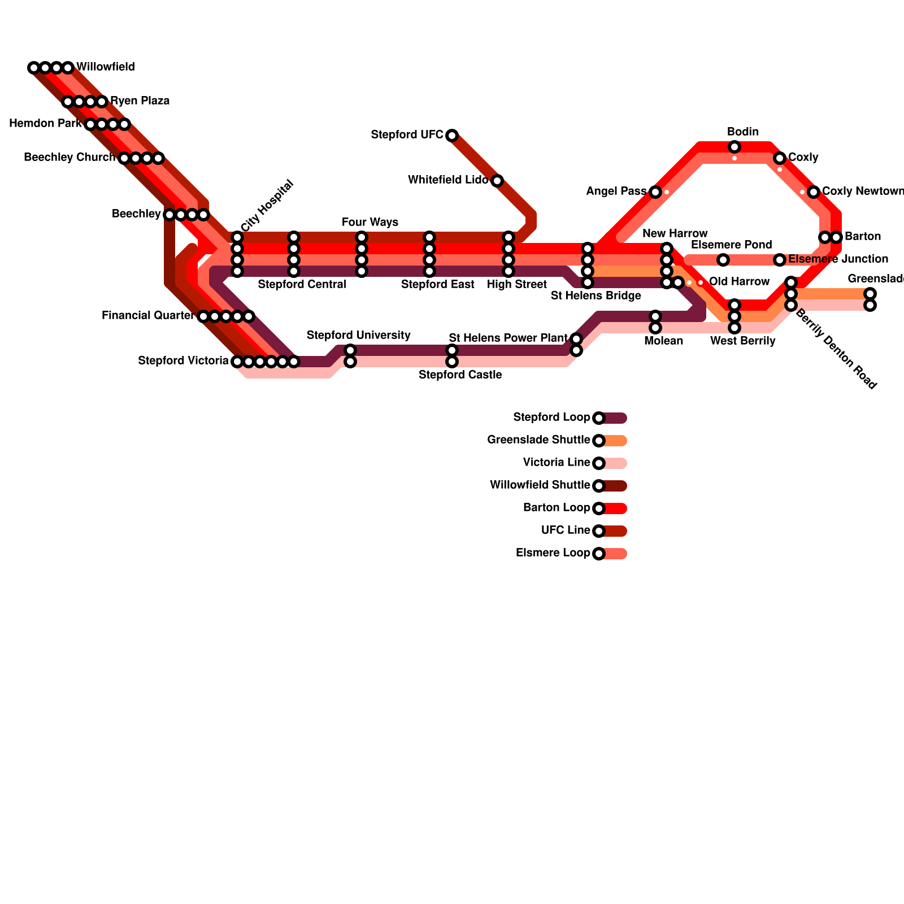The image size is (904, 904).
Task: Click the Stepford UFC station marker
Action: click(x=452, y=136)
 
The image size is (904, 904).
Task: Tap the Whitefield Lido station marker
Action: click(x=497, y=181)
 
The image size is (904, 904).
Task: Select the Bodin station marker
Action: click(x=734, y=147)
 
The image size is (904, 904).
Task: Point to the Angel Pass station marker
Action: click(x=655, y=192)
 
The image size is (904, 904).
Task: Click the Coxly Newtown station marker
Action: click(x=814, y=192)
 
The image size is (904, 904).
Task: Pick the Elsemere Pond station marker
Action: click(x=723, y=260)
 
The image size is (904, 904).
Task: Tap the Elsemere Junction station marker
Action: click(x=780, y=260)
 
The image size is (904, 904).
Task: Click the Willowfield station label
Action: click(x=106, y=67)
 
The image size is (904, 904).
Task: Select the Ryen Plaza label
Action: click(x=140, y=101)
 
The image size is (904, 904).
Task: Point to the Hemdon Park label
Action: click(x=45, y=124)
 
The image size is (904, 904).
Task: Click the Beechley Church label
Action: click(x=69, y=158)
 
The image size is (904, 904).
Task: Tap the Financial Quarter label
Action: click(x=148, y=316)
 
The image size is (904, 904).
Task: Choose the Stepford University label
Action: click(x=358, y=336)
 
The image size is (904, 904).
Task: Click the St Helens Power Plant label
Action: click(x=508, y=338)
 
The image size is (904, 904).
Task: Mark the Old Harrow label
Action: click(x=739, y=282)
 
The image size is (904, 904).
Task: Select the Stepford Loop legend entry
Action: click(x=551, y=418)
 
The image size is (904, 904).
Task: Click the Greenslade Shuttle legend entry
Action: click(x=538, y=440)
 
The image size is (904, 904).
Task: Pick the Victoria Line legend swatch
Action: click(x=615, y=463)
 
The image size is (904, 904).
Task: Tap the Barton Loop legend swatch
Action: click(x=615, y=508)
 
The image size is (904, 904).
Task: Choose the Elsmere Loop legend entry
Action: click(x=553, y=553)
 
